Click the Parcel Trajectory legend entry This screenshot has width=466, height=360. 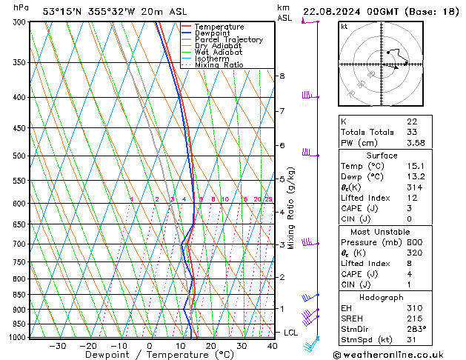228,39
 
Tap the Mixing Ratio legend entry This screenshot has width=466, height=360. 219,65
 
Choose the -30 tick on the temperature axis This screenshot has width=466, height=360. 57,345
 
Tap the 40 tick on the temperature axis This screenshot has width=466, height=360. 273,345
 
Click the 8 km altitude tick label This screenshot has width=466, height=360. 282,76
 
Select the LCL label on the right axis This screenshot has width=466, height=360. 290,333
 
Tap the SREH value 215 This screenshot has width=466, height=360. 414,319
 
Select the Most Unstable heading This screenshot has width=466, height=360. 382,231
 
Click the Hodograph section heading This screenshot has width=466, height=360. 382,297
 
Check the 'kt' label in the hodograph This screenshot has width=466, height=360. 344,26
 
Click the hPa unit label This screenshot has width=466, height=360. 21,7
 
